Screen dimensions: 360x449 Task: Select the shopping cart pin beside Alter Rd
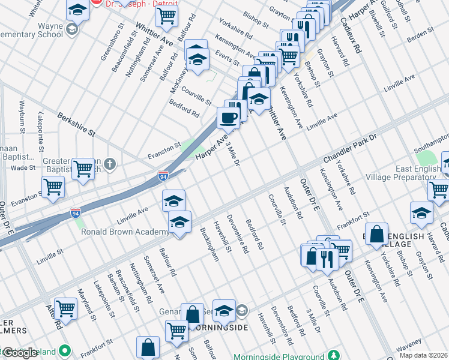click(x=65, y=309)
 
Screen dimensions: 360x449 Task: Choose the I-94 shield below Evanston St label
click(x=163, y=176)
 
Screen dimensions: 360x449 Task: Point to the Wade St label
click(x=23, y=167)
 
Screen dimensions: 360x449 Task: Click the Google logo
click(x=20, y=353)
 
